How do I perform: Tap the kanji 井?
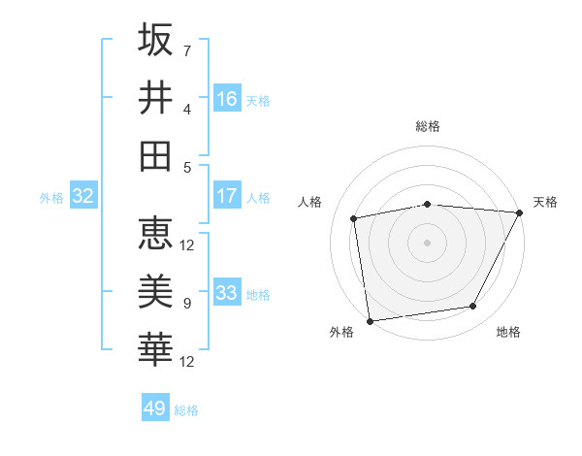click(155, 97)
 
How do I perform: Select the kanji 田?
click(155, 155)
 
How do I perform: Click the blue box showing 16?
click(227, 99)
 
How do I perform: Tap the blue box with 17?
click(227, 196)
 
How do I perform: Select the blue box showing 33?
click(227, 293)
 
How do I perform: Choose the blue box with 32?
click(82, 197)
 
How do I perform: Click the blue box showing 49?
click(155, 408)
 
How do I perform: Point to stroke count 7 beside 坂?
click(187, 50)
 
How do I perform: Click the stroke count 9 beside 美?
click(187, 304)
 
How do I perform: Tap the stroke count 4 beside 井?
click(187, 109)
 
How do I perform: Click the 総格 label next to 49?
click(187, 410)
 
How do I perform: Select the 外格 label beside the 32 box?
click(51, 198)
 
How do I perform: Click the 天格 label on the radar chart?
click(545, 202)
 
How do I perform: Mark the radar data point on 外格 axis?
click(370, 320)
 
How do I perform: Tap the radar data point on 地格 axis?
click(473, 307)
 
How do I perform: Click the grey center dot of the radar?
click(427, 242)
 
